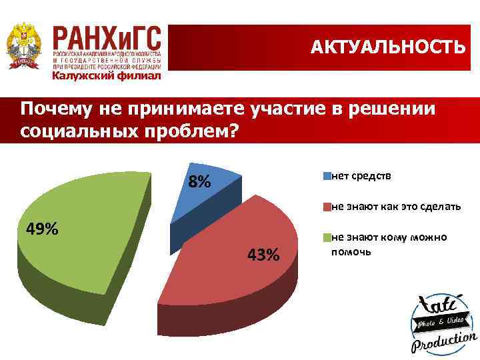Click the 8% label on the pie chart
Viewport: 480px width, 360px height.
(199, 181)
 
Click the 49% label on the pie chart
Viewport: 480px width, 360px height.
(42, 230)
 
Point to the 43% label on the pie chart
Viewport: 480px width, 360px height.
(263, 255)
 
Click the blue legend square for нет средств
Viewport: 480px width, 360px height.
(327, 176)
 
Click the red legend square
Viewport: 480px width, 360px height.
(327, 207)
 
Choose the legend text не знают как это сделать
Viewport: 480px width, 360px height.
(396, 207)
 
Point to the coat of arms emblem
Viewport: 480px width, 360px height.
(23, 45)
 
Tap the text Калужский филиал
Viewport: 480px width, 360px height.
(107, 76)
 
